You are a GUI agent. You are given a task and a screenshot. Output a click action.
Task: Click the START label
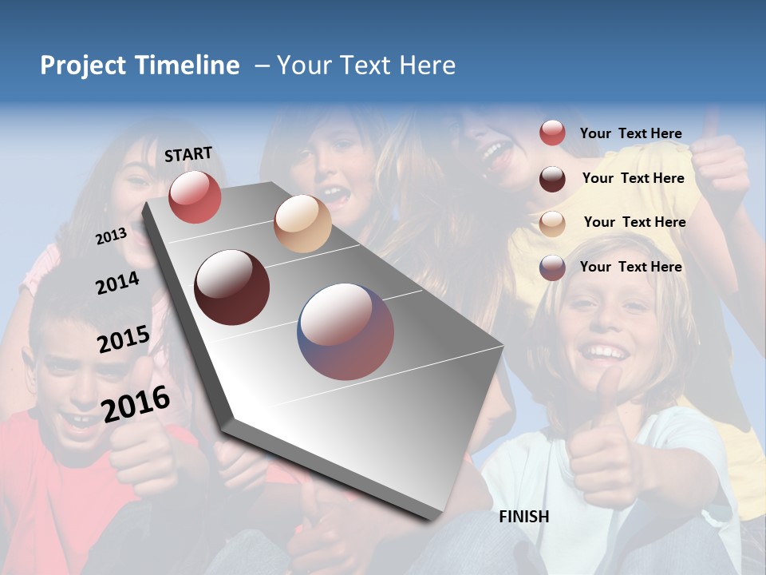[188, 154]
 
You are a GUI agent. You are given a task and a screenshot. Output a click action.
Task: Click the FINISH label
[523, 517]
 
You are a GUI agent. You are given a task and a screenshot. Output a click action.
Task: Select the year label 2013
[111, 236]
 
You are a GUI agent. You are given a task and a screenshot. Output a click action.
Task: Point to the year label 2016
[136, 404]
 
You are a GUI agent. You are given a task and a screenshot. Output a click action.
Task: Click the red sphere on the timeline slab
[195, 197]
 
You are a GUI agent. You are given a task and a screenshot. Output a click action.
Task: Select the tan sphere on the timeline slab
[302, 224]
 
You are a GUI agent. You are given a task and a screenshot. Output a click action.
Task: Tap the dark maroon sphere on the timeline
[232, 287]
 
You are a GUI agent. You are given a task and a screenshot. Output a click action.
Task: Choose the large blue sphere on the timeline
[346, 331]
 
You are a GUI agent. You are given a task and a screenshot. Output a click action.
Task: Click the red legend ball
[552, 133]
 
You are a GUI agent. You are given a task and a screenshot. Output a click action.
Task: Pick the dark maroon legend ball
[552, 179]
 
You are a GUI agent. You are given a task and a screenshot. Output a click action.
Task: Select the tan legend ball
[552, 223]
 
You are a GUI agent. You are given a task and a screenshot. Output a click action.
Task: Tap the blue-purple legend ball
[552, 268]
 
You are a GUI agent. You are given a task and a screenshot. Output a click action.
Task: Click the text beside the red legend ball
[630, 133]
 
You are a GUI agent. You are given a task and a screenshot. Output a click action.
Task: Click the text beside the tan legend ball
[634, 222]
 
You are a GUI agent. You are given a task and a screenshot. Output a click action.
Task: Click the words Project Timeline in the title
[140, 65]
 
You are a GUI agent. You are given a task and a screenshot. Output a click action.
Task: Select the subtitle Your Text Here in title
[365, 65]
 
